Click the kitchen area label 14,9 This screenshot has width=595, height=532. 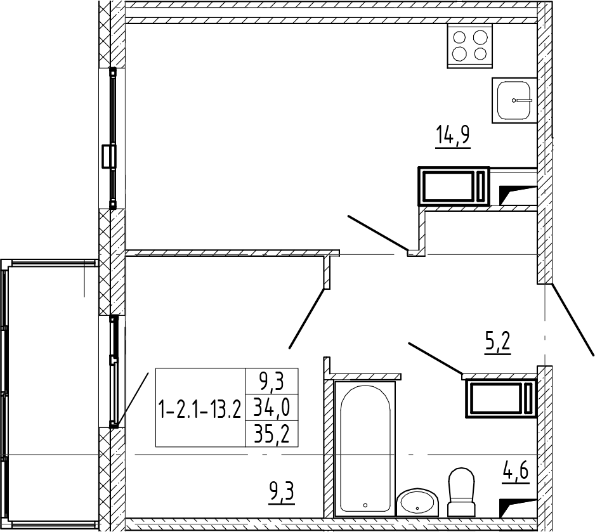[453, 136]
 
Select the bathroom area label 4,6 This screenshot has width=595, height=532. [515, 474]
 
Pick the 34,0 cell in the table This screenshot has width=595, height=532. [272, 408]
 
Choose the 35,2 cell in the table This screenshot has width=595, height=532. [272, 434]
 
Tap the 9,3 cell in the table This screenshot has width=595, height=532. [272, 382]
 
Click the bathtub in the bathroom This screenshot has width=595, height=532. [365, 449]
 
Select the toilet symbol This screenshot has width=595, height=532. [461, 492]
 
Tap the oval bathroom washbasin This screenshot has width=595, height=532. [417, 502]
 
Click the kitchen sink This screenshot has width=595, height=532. [514, 100]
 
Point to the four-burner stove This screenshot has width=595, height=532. [470, 46]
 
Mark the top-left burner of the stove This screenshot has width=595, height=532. [459, 37]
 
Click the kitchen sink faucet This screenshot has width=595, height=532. [522, 100]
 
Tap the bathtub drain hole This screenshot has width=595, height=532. [365, 505]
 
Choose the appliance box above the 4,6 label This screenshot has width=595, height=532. [501, 399]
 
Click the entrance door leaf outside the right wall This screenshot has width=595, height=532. [572, 320]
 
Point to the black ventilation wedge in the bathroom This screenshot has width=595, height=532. [517, 507]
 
